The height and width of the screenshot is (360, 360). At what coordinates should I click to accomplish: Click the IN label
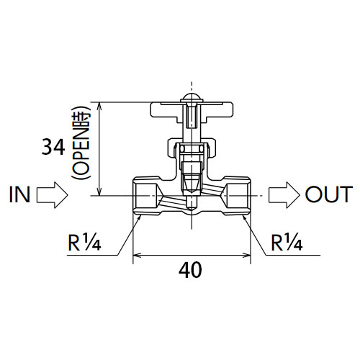(19, 194)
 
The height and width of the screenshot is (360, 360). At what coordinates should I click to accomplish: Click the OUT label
(329, 194)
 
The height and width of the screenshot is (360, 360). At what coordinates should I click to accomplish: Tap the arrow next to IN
(53, 195)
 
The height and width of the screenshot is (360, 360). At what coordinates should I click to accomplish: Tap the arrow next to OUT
(284, 195)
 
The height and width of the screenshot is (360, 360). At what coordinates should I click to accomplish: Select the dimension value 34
(53, 147)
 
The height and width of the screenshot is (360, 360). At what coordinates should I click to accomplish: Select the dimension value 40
(190, 270)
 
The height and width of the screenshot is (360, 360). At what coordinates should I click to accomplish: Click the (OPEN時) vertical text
(81, 143)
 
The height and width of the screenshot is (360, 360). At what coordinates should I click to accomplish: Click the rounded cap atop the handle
(192, 97)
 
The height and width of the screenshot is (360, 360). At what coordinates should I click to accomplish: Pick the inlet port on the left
(146, 196)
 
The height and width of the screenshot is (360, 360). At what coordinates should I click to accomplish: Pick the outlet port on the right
(237, 196)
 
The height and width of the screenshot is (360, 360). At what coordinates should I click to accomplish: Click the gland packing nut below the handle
(192, 148)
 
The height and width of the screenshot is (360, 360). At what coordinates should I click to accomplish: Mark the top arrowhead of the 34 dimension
(99, 106)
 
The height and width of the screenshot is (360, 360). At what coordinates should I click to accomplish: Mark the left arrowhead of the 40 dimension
(137, 255)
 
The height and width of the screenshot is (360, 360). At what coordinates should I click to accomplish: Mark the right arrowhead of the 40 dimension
(246, 255)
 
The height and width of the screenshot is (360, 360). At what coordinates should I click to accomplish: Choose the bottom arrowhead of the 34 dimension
(99, 192)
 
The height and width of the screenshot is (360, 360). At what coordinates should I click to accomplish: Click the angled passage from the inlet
(174, 201)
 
